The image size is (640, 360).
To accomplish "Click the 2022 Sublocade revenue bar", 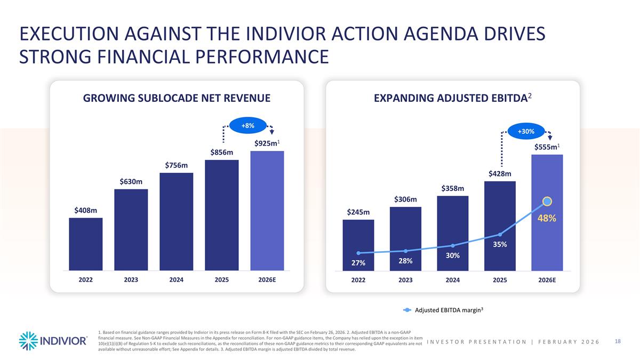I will click(85, 244).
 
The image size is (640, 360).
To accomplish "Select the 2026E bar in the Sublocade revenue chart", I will click(267, 211).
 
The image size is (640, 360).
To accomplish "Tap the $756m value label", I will click(175, 165).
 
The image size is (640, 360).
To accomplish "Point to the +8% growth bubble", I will click(247, 125).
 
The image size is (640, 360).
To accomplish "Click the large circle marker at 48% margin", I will click(547, 202).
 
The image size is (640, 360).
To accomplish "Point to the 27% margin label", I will click(358, 263).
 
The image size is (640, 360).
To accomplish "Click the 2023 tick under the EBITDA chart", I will click(405, 280).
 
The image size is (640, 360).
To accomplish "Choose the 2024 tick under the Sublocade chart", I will click(176, 280).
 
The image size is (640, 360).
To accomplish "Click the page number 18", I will click(619, 341).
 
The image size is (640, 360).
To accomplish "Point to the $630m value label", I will click(131, 182).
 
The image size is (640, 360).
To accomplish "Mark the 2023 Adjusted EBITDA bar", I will click(405, 238).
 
